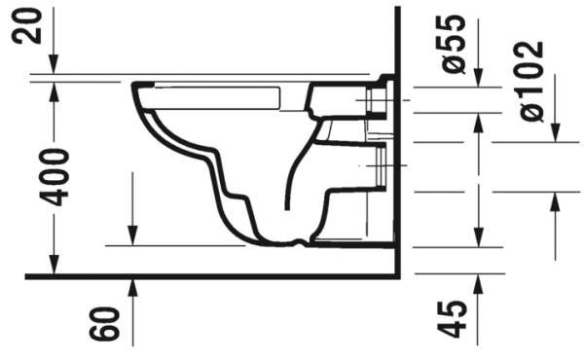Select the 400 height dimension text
pyautogui.click(x=57, y=177)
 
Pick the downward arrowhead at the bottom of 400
pyautogui.click(x=54, y=268)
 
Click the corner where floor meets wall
pyautogui.click(x=399, y=276)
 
